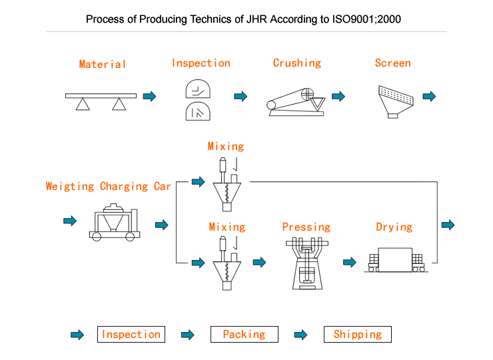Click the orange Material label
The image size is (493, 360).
click(x=102, y=65)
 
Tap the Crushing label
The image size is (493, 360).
click(x=296, y=63)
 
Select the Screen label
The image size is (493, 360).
click(x=392, y=63)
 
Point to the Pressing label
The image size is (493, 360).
click(x=306, y=227)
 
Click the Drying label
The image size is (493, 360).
click(x=394, y=227)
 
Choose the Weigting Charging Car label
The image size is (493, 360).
click(x=108, y=187)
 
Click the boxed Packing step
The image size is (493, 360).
click(x=244, y=335)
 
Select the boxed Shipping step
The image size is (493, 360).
click(x=358, y=335)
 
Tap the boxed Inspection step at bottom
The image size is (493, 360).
click(x=131, y=335)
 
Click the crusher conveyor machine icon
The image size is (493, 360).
click(x=295, y=102)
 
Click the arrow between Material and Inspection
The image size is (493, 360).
click(x=149, y=97)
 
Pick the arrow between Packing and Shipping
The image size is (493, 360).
click(x=300, y=335)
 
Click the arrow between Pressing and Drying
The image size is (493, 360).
click(x=349, y=263)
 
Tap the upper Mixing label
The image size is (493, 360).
click(x=226, y=147)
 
